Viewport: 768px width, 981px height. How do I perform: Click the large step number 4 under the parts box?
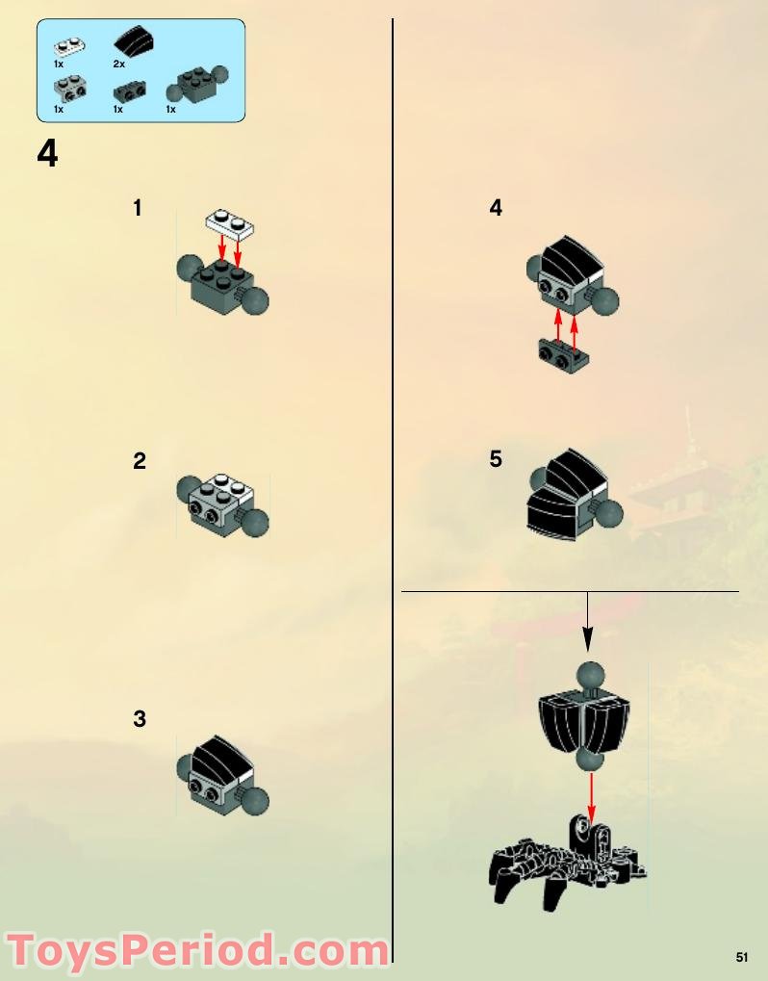point(47,153)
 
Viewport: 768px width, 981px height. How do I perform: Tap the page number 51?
point(742,957)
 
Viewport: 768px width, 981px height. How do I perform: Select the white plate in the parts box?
point(69,46)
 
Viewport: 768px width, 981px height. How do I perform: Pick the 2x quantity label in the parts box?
point(118,64)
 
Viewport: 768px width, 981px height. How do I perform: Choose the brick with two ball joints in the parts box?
point(197,84)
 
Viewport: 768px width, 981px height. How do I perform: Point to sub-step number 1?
point(138,208)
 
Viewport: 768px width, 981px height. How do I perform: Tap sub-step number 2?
point(140,461)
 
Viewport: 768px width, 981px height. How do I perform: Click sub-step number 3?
point(140,719)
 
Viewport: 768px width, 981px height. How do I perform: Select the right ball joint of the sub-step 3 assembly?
point(254,801)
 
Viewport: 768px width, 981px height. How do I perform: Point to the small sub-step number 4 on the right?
point(496,208)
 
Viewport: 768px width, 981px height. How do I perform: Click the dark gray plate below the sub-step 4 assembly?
point(563,351)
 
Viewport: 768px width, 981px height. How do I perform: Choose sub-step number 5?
point(496,459)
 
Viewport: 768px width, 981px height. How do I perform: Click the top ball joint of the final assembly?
point(590,678)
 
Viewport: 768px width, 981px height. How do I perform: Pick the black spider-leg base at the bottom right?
point(567,864)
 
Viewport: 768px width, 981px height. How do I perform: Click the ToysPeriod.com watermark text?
point(197,952)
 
